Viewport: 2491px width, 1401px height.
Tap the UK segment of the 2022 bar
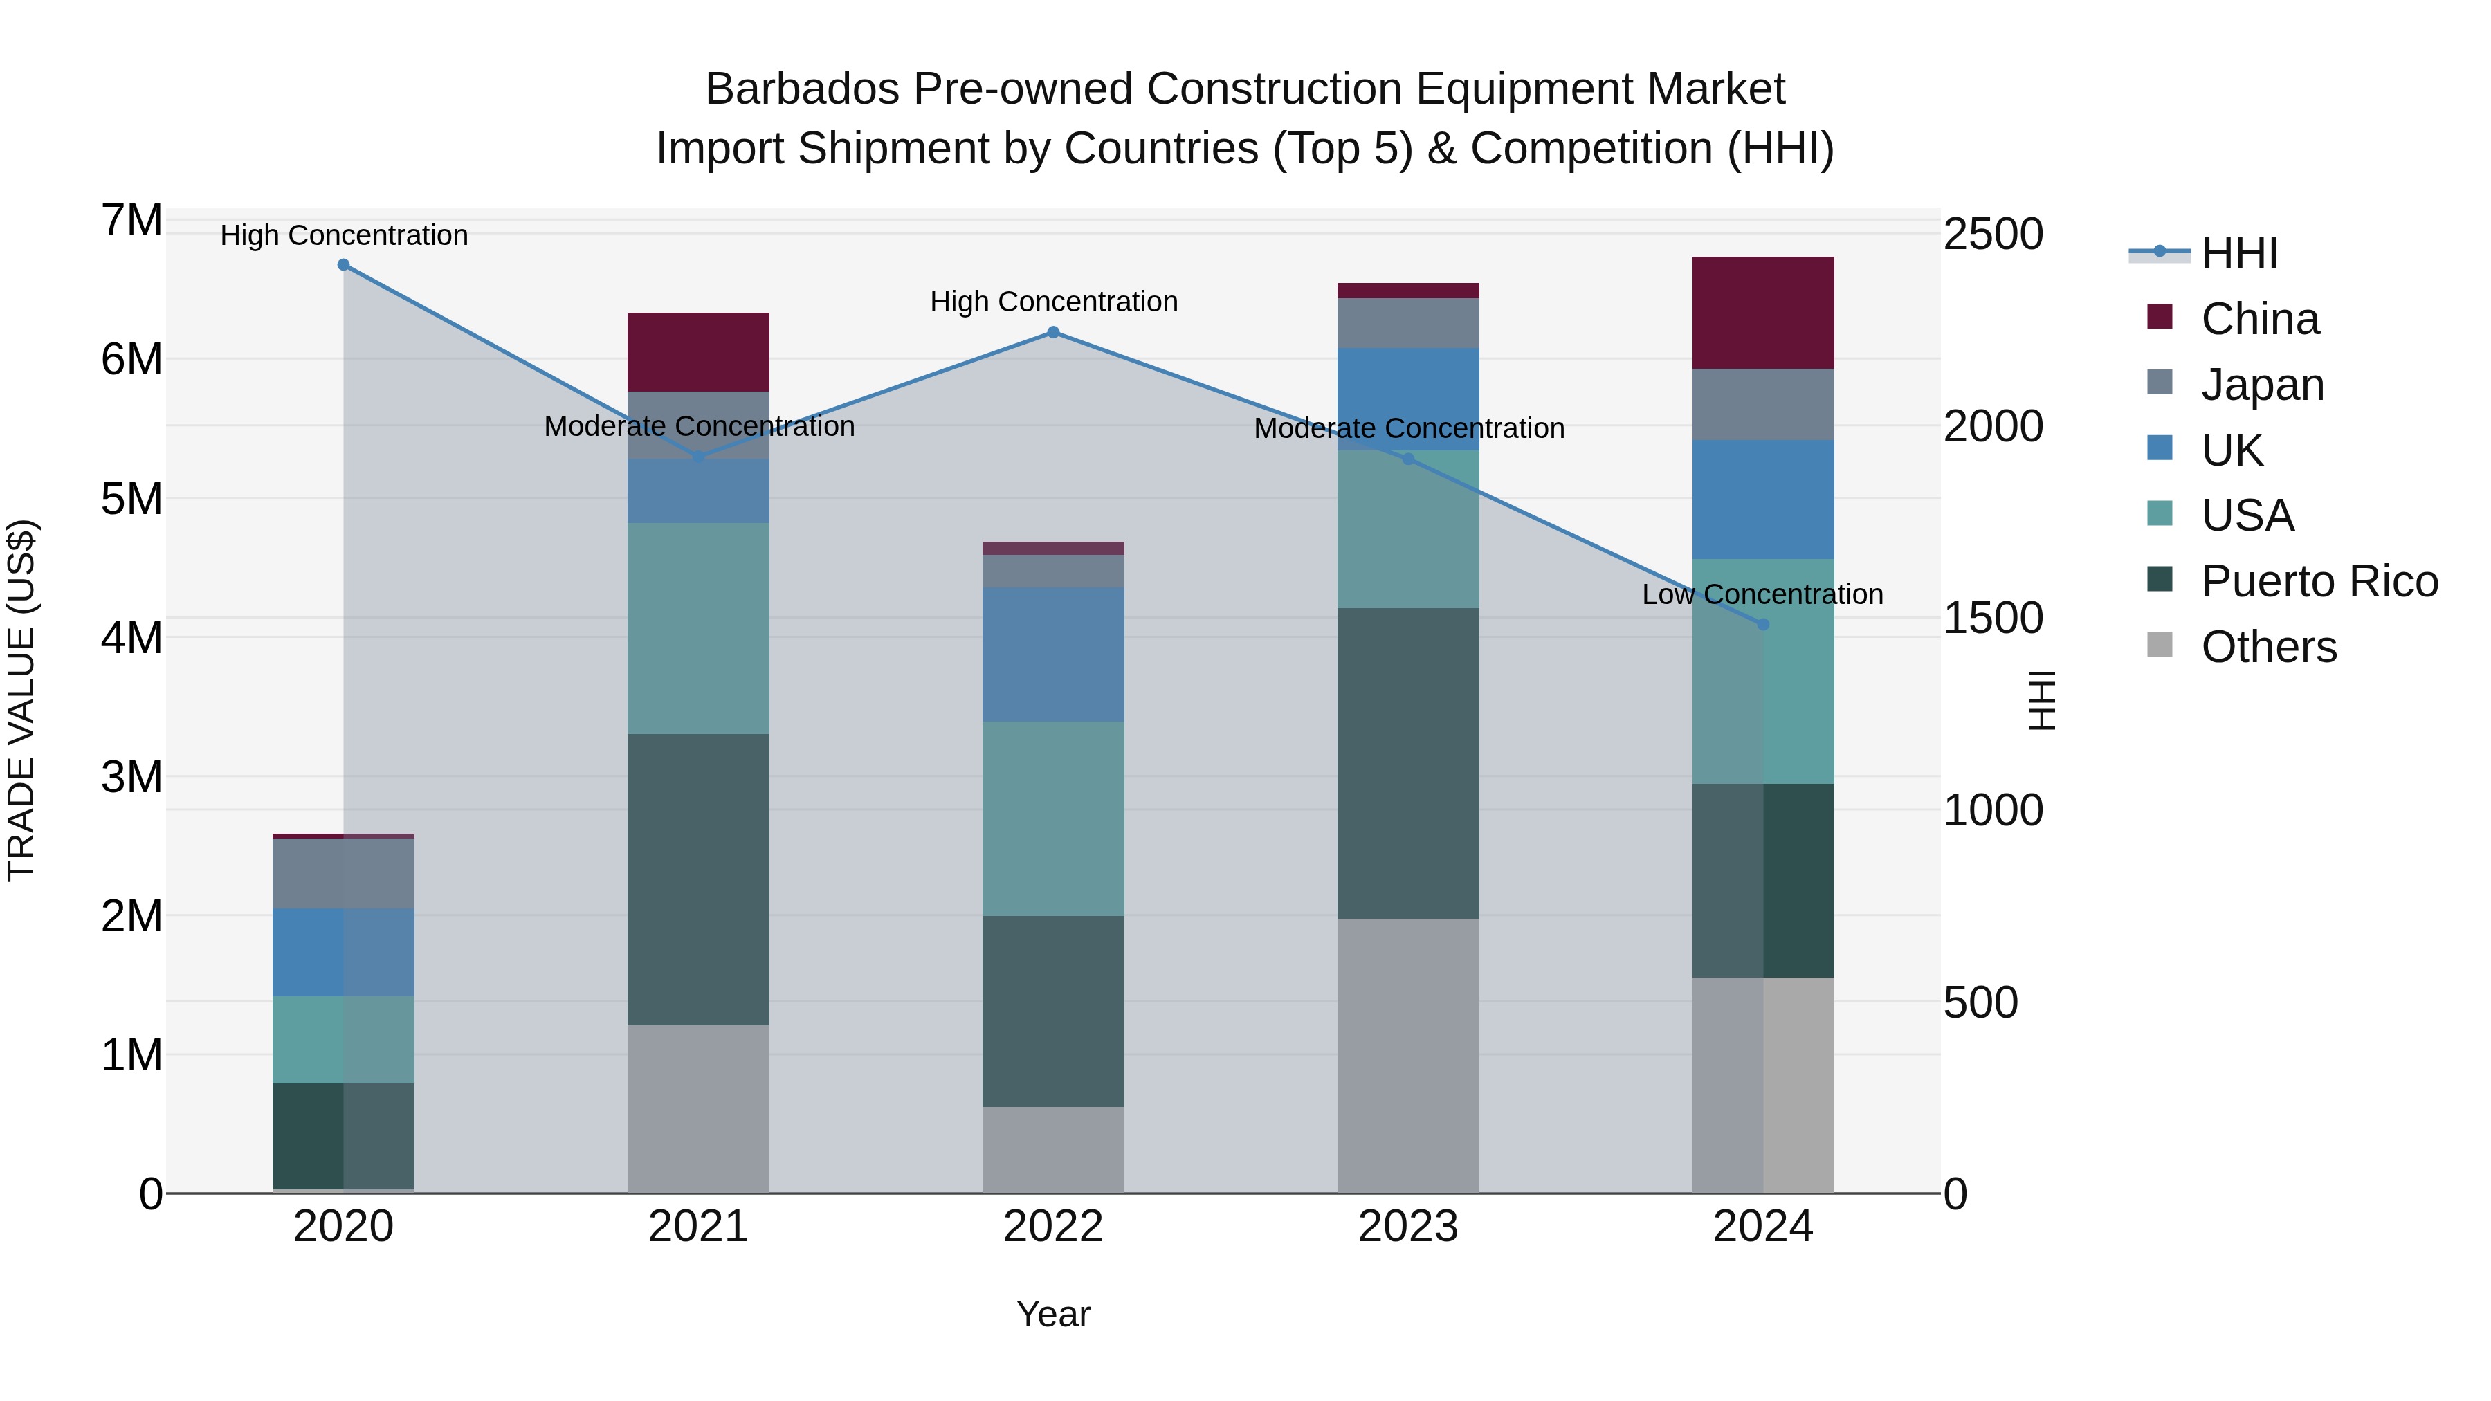[x=1053, y=654]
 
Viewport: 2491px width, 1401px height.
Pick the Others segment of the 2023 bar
[x=1408, y=1055]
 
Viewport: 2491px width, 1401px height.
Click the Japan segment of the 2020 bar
[x=343, y=873]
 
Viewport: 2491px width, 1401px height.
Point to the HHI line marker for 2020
[x=343, y=265]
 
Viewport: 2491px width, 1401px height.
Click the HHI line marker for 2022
[x=1053, y=333]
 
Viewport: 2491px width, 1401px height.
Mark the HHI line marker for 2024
[x=1763, y=625]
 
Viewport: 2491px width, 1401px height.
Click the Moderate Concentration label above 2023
[x=1409, y=428]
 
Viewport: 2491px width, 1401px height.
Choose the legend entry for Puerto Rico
[x=2319, y=581]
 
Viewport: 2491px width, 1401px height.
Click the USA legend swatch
[x=2160, y=513]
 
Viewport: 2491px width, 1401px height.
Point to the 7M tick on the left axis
[x=131, y=221]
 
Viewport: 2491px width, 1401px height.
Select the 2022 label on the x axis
[x=1053, y=1227]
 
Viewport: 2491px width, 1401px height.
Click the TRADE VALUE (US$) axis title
[x=21, y=700]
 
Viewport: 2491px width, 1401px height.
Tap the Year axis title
[x=1053, y=1314]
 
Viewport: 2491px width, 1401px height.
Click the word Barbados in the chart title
[x=802, y=89]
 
